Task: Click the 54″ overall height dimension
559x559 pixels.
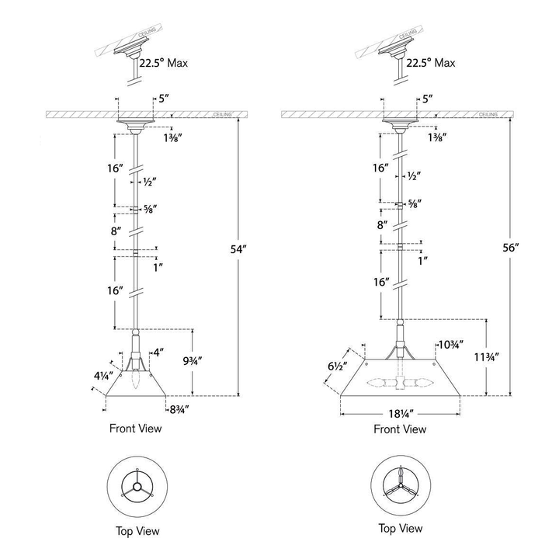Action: point(238,249)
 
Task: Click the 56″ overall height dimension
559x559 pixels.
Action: point(511,248)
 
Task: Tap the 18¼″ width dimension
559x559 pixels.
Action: point(401,414)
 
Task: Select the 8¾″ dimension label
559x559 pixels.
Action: point(179,410)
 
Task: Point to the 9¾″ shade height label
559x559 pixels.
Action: point(193,361)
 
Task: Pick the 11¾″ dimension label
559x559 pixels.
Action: point(486,357)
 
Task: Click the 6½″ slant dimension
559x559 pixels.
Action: point(337,366)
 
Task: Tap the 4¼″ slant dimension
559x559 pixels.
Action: point(103,376)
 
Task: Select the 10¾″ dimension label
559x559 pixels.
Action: point(451,345)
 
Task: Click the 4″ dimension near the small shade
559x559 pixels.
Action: point(158,352)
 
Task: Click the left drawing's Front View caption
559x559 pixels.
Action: point(135,428)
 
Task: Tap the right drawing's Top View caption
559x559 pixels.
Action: point(401,528)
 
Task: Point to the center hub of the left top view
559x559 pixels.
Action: point(137,487)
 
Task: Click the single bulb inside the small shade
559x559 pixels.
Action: point(135,380)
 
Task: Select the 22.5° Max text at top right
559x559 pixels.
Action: point(431,63)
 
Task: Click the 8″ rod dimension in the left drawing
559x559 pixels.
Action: point(113,231)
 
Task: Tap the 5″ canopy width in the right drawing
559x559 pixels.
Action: point(428,99)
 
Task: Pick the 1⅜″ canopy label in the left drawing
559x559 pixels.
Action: point(173,138)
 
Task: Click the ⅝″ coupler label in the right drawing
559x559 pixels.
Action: point(415,203)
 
